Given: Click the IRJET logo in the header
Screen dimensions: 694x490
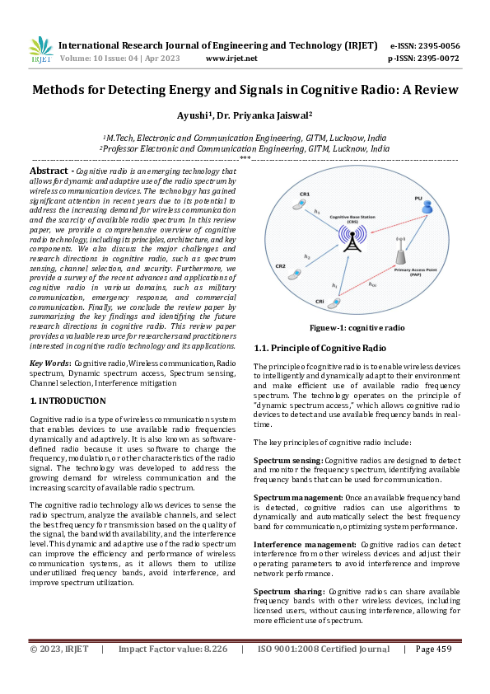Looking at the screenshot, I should [x=40, y=50].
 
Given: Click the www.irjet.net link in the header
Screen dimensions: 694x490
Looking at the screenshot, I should [x=231, y=58].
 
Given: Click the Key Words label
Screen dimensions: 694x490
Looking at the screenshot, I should [x=50, y=363].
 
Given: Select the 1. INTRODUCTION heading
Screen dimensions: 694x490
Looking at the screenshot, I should [x=68, y=401].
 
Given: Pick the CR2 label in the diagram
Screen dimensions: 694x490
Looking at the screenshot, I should [x=280, y=267].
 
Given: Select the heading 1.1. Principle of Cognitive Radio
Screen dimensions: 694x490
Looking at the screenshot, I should [x=320, y=348].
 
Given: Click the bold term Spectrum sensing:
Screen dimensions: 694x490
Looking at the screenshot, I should [x=288, y=458].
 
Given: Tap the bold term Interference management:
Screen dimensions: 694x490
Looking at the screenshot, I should [x=305, y=545].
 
